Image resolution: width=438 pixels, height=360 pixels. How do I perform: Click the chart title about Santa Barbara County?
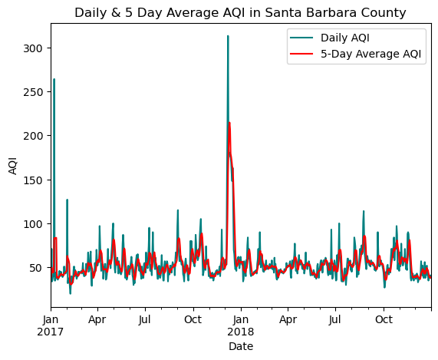coord(240,13)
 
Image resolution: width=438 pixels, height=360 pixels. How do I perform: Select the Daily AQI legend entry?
coord(330,38)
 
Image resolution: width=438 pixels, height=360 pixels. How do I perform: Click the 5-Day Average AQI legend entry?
coord(355,54)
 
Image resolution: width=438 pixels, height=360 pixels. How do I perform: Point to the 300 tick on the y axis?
coord(33,48)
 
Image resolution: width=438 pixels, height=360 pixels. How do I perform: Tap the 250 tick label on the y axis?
coord(33,92)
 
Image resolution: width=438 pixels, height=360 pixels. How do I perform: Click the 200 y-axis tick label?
coord(33,136)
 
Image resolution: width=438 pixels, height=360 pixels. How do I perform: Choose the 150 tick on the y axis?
coord(33,180)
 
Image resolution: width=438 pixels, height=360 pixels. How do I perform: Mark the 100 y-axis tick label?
coord(33,223)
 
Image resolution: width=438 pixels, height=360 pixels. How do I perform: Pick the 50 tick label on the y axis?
coord(36,267)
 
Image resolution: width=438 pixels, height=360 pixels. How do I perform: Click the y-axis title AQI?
coord(13,166)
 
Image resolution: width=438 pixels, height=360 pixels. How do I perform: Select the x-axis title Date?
coord(241,347)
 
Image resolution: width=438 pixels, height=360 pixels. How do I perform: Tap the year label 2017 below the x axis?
coord(51,332)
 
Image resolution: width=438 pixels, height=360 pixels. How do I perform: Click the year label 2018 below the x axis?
coord(241,332)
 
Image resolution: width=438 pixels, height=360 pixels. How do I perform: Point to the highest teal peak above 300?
coord(228,36)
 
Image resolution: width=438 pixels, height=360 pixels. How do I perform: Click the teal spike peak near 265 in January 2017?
coord(54,79)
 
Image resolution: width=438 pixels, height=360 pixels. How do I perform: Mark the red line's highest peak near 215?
coord(229,122)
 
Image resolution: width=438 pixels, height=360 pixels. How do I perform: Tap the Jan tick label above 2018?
coord(241,319)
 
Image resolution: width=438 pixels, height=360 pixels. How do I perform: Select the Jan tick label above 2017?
coord(51,319)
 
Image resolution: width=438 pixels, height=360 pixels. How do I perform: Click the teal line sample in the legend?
coord(301,38)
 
